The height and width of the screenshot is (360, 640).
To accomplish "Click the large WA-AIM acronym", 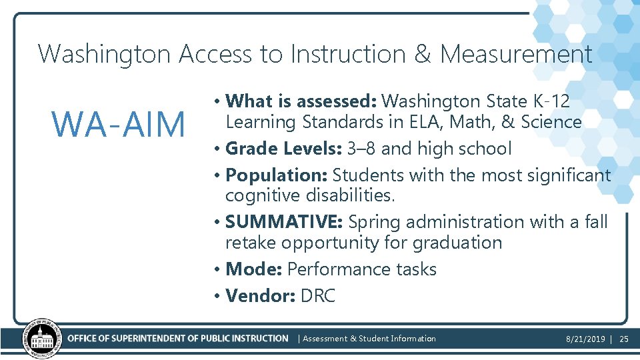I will (x=119, y=124).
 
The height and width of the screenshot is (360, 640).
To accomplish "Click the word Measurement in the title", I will (x=515, y=54).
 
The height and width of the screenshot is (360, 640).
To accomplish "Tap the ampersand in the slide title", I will (x=423, y=54).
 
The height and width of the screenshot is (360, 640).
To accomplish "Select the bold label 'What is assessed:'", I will (x=302, y=101).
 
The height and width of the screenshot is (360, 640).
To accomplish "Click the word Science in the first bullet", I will (x=551, y=122).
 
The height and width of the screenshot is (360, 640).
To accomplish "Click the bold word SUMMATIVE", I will (x=284, y=221).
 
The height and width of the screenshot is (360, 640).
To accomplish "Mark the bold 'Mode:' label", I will (x=254, y=269).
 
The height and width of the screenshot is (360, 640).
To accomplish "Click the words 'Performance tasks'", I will (x=362, y=269).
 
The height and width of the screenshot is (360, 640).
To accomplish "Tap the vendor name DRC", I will (x=318, y=296).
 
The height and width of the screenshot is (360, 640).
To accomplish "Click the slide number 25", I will (x=624, y=339).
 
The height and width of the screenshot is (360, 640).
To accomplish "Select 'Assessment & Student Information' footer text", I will (x=369, y=339).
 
